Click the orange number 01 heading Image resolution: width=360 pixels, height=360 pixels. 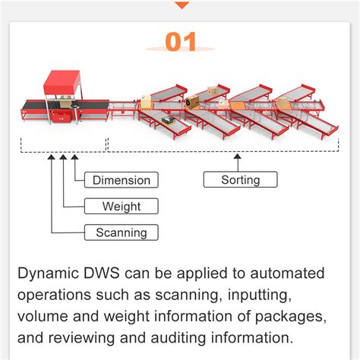[x=180, y=43]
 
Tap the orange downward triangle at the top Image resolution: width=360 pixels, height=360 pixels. [x=181, y=5]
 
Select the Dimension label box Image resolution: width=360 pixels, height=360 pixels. [x=121, y=180]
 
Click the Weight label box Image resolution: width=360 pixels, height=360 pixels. [x=121, y=206]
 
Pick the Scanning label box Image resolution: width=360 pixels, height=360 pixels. [x=121, y=232]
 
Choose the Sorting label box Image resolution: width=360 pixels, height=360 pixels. [x=240, y=180]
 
